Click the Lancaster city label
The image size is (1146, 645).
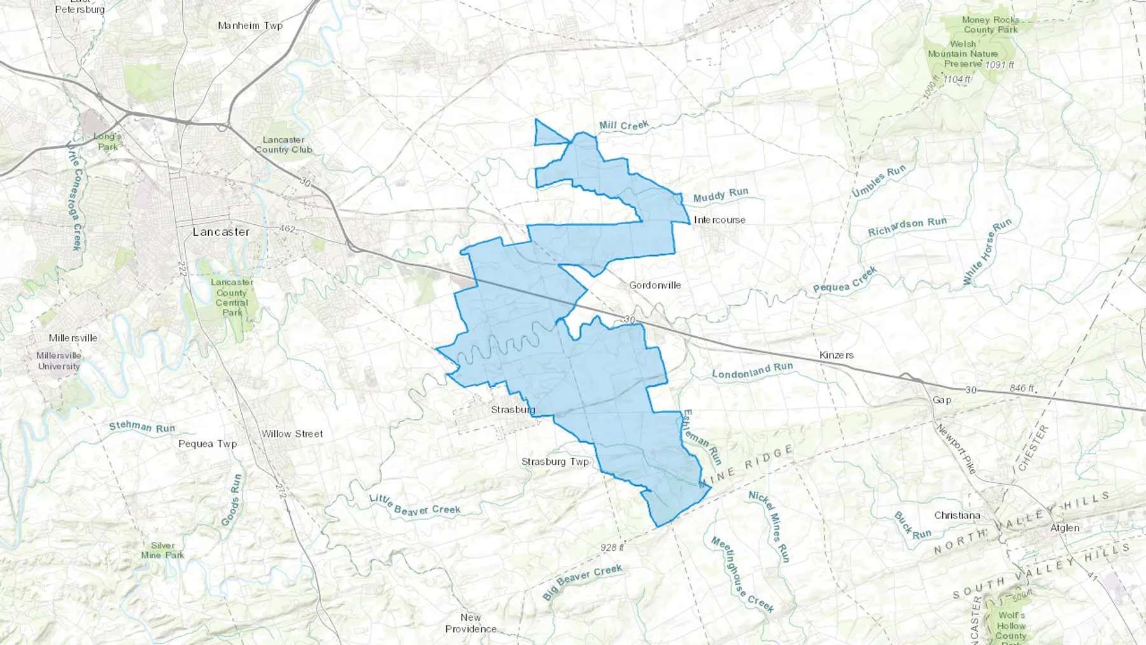[x=221, y=232]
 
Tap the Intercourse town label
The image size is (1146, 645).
[x=719, y=220]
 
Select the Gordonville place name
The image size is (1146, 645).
[x=654, y=285]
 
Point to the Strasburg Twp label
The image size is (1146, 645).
[x=555, y=462]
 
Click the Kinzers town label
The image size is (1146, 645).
[x=836, y=355]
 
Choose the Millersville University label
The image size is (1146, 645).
[x=59, y=361]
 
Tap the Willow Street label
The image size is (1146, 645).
[x=292, y=434]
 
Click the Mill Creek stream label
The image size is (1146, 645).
[x=624, y=125]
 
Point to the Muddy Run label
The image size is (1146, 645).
[x=721, y=195]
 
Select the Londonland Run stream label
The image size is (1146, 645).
[x=752, y=371]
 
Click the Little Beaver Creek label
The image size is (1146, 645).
[x=414, y=505]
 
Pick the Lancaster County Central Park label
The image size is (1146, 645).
[x=232, y=297]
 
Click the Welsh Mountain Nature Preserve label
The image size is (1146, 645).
[x=963, y=54]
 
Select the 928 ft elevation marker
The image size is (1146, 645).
[x=612, y=548]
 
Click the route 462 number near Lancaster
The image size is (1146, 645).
[x=287, y=229]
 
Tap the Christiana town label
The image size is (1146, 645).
[x=957, y=516]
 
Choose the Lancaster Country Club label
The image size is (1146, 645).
[x=283, y=145]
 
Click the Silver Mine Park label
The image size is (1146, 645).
[x=162, y=550]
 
